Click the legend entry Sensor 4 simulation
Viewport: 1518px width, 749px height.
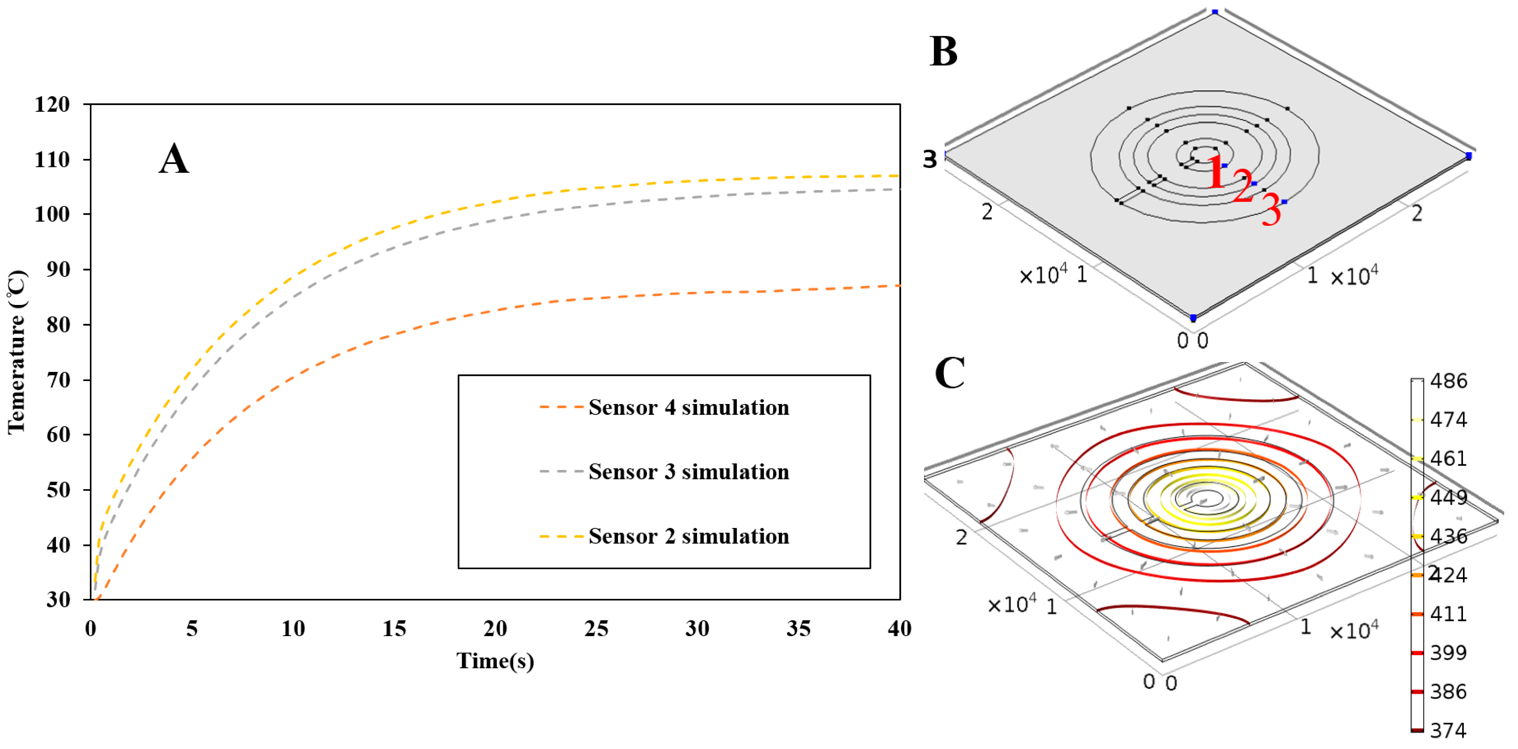click(688, 407)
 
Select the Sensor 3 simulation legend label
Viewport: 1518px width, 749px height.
click(688, 471)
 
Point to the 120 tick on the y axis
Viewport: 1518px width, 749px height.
click(52, 105)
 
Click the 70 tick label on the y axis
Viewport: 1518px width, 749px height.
click(58, 380)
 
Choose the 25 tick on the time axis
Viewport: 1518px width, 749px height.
click(596, 629)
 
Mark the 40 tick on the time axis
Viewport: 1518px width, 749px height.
click(899, 629)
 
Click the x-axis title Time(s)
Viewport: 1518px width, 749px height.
click(495, 661)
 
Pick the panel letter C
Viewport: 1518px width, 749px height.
click(949, 373)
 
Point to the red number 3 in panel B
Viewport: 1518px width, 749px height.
click(1271, 210)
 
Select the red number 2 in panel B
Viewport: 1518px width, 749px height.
click(1243, 186)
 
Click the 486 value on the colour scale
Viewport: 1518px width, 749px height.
click(1448, 381)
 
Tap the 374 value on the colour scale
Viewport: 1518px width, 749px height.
click(1448, 730)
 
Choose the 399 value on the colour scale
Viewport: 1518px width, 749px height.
click(1448, 652)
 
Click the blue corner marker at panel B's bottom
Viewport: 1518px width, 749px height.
click(1193, 318)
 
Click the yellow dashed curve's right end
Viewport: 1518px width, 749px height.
click(897, 175)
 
